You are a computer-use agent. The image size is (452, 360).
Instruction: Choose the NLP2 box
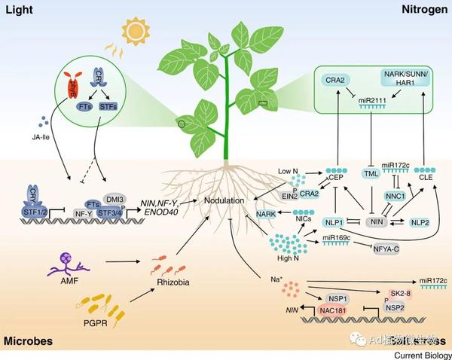click(x=420, y=222)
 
